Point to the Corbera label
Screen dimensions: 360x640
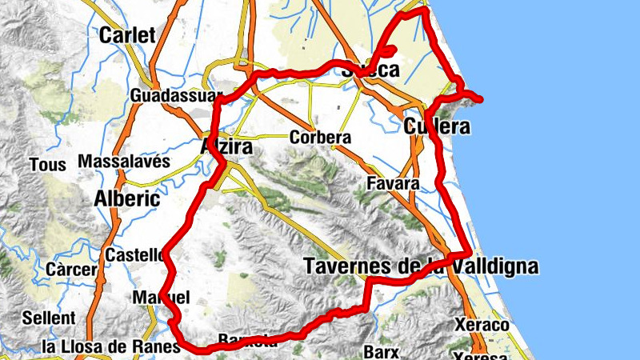[321, 138]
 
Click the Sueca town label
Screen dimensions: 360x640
[370, 70]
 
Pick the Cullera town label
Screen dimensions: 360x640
[436, 126]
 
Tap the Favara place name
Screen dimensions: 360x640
[393, 184]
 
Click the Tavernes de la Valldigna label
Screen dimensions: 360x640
[421, 266]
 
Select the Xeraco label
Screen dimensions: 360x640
[482, 326]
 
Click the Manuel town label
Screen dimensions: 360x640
[160, 298]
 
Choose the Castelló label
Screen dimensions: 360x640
[134, 255]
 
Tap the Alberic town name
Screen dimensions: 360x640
[127, 198]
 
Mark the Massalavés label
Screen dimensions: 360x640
[125, 162]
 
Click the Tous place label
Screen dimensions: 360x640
[42, 166]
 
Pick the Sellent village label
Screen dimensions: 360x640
[49, 318]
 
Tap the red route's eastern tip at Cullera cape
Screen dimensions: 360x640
[481, 99]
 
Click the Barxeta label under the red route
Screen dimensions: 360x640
[248, 341]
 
